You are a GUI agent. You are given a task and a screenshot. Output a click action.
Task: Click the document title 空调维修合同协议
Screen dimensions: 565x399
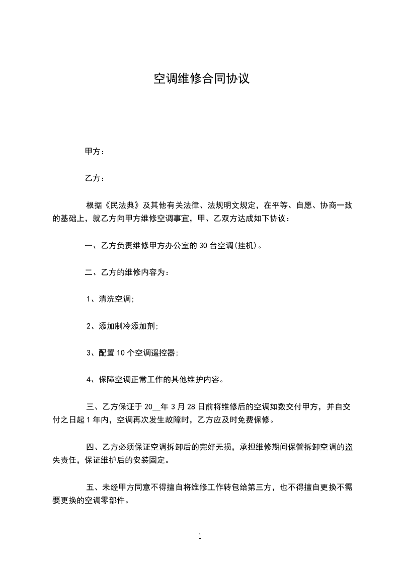[201, 79]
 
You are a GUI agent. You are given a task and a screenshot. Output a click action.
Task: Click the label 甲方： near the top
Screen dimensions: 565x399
[95, 152]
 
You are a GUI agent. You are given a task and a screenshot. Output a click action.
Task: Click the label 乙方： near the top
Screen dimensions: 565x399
[95, 178]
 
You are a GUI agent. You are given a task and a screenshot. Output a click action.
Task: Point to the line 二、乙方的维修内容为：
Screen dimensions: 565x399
[127, 272]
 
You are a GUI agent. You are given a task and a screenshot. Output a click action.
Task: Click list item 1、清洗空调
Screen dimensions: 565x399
[110, 299]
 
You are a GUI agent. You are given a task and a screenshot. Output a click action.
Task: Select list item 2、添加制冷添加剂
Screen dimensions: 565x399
[122, 326]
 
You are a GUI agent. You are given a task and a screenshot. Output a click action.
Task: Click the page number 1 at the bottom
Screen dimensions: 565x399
[200, 536]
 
